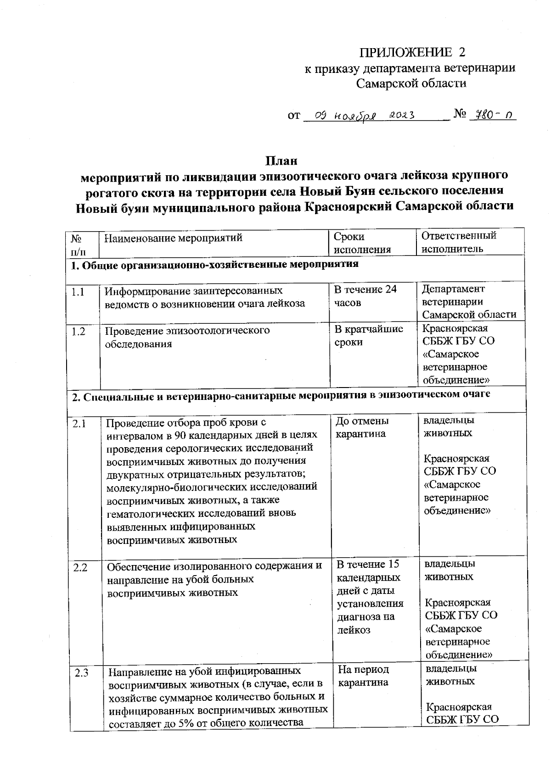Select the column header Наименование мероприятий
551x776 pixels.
[173, 238]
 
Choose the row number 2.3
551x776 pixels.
[81, 673]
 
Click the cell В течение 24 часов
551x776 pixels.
[365, 296]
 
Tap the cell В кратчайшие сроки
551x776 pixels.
[368, 335]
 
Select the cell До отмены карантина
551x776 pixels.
[362, 427]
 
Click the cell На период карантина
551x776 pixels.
[363, 676]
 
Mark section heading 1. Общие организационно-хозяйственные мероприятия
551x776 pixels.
[214, 265]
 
